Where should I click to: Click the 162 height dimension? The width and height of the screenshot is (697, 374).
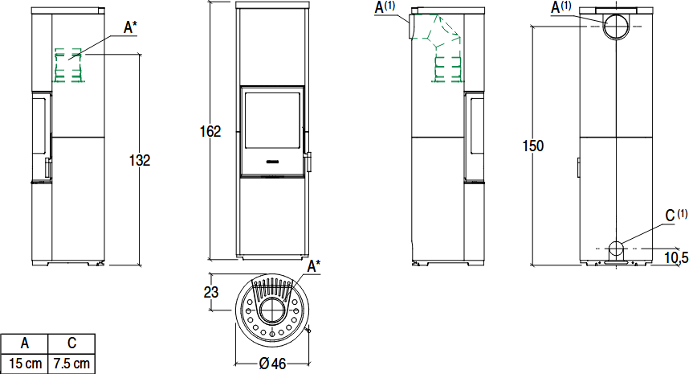210,131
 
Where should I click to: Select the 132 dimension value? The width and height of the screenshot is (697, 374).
140,160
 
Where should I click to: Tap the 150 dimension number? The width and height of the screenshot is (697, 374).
533,146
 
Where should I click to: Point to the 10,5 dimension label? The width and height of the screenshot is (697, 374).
677,257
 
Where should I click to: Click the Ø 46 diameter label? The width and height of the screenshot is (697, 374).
272,364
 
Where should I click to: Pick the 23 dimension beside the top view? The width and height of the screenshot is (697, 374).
211,292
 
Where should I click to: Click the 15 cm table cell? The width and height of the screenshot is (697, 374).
24,364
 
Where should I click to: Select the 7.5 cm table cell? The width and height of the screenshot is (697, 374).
71,364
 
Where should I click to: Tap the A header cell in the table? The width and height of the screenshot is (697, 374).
24,343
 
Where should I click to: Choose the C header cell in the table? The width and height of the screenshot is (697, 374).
71,343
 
